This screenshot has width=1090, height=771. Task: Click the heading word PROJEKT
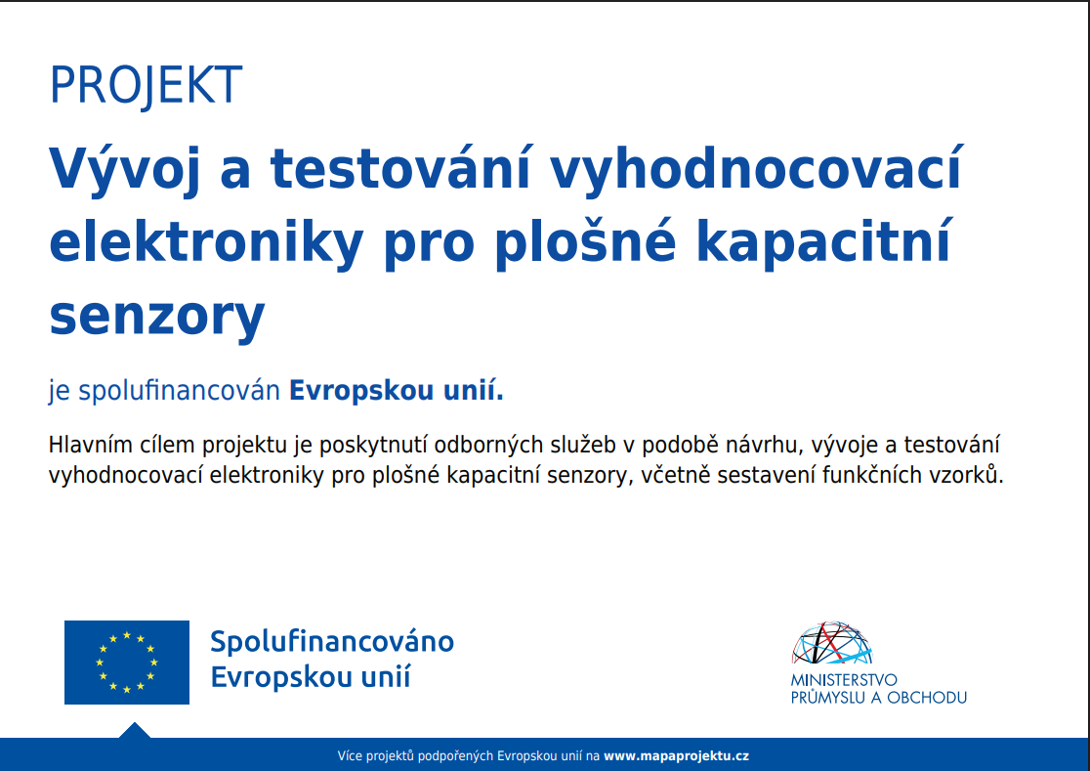point(146,86)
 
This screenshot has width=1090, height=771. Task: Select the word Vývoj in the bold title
point(124,169)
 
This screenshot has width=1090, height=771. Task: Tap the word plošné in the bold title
point(585,241)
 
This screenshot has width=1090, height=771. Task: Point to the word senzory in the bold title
point(157,317)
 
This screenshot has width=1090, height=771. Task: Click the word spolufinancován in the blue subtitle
point(179,391)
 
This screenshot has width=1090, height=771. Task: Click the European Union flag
point(127,662)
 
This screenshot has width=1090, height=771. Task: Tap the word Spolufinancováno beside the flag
point(332,642)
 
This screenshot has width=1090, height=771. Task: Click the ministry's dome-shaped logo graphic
point(831,643)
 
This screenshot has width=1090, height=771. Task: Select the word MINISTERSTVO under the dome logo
point(844,680)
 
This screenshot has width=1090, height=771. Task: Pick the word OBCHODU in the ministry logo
point(927,698)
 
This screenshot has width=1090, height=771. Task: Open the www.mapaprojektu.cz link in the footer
point(677,755)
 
